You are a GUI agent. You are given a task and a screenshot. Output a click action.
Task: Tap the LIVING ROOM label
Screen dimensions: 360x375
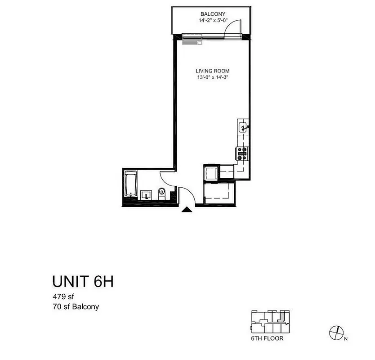(x=212, y=71)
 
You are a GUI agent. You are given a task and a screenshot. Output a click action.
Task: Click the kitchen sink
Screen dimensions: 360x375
(x=243, y=127)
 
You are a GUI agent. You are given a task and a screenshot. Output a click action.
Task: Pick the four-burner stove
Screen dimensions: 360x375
(x=242, y=154)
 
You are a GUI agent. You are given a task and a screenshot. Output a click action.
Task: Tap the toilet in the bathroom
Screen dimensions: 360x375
(x=162, y=194)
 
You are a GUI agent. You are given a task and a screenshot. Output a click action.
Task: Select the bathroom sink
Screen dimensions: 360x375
(x=146, y=195)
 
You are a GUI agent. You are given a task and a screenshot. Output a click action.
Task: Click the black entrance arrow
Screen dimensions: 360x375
(x=185, y=209)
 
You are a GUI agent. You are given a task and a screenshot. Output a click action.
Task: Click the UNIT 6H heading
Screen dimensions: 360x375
(x=82, y=282)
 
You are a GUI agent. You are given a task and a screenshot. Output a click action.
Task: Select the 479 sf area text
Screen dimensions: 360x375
(x=63, y=297)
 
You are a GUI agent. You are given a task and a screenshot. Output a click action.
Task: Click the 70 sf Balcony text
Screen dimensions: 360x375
(x=76, y=307)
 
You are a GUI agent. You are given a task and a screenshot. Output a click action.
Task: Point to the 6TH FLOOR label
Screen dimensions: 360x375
(x=267, y=338)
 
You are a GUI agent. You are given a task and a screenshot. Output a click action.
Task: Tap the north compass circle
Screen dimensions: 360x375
(x=335, y=332)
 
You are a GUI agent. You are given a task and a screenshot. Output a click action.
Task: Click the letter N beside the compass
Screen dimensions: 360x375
(x=345, y=337)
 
